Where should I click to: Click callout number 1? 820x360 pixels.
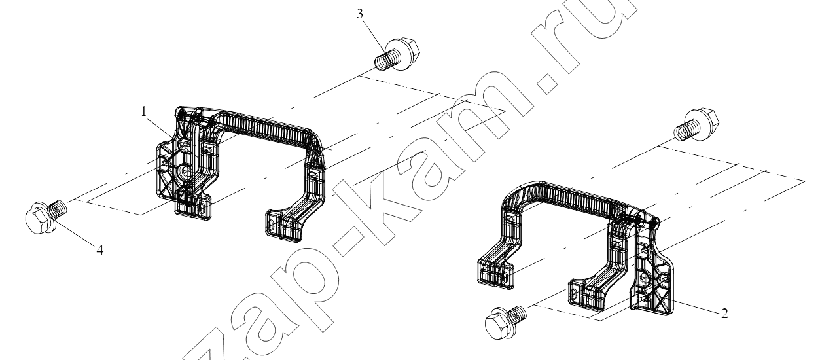(144, 111)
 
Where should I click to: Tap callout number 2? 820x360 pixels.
(724, 314)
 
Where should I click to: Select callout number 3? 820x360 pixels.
(360, 14)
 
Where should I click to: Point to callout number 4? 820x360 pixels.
(100, 250)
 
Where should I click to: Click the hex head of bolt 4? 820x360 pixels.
(38, 219)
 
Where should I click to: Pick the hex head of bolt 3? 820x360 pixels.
(406, 53)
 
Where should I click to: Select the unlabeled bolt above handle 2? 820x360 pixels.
(696, 125)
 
